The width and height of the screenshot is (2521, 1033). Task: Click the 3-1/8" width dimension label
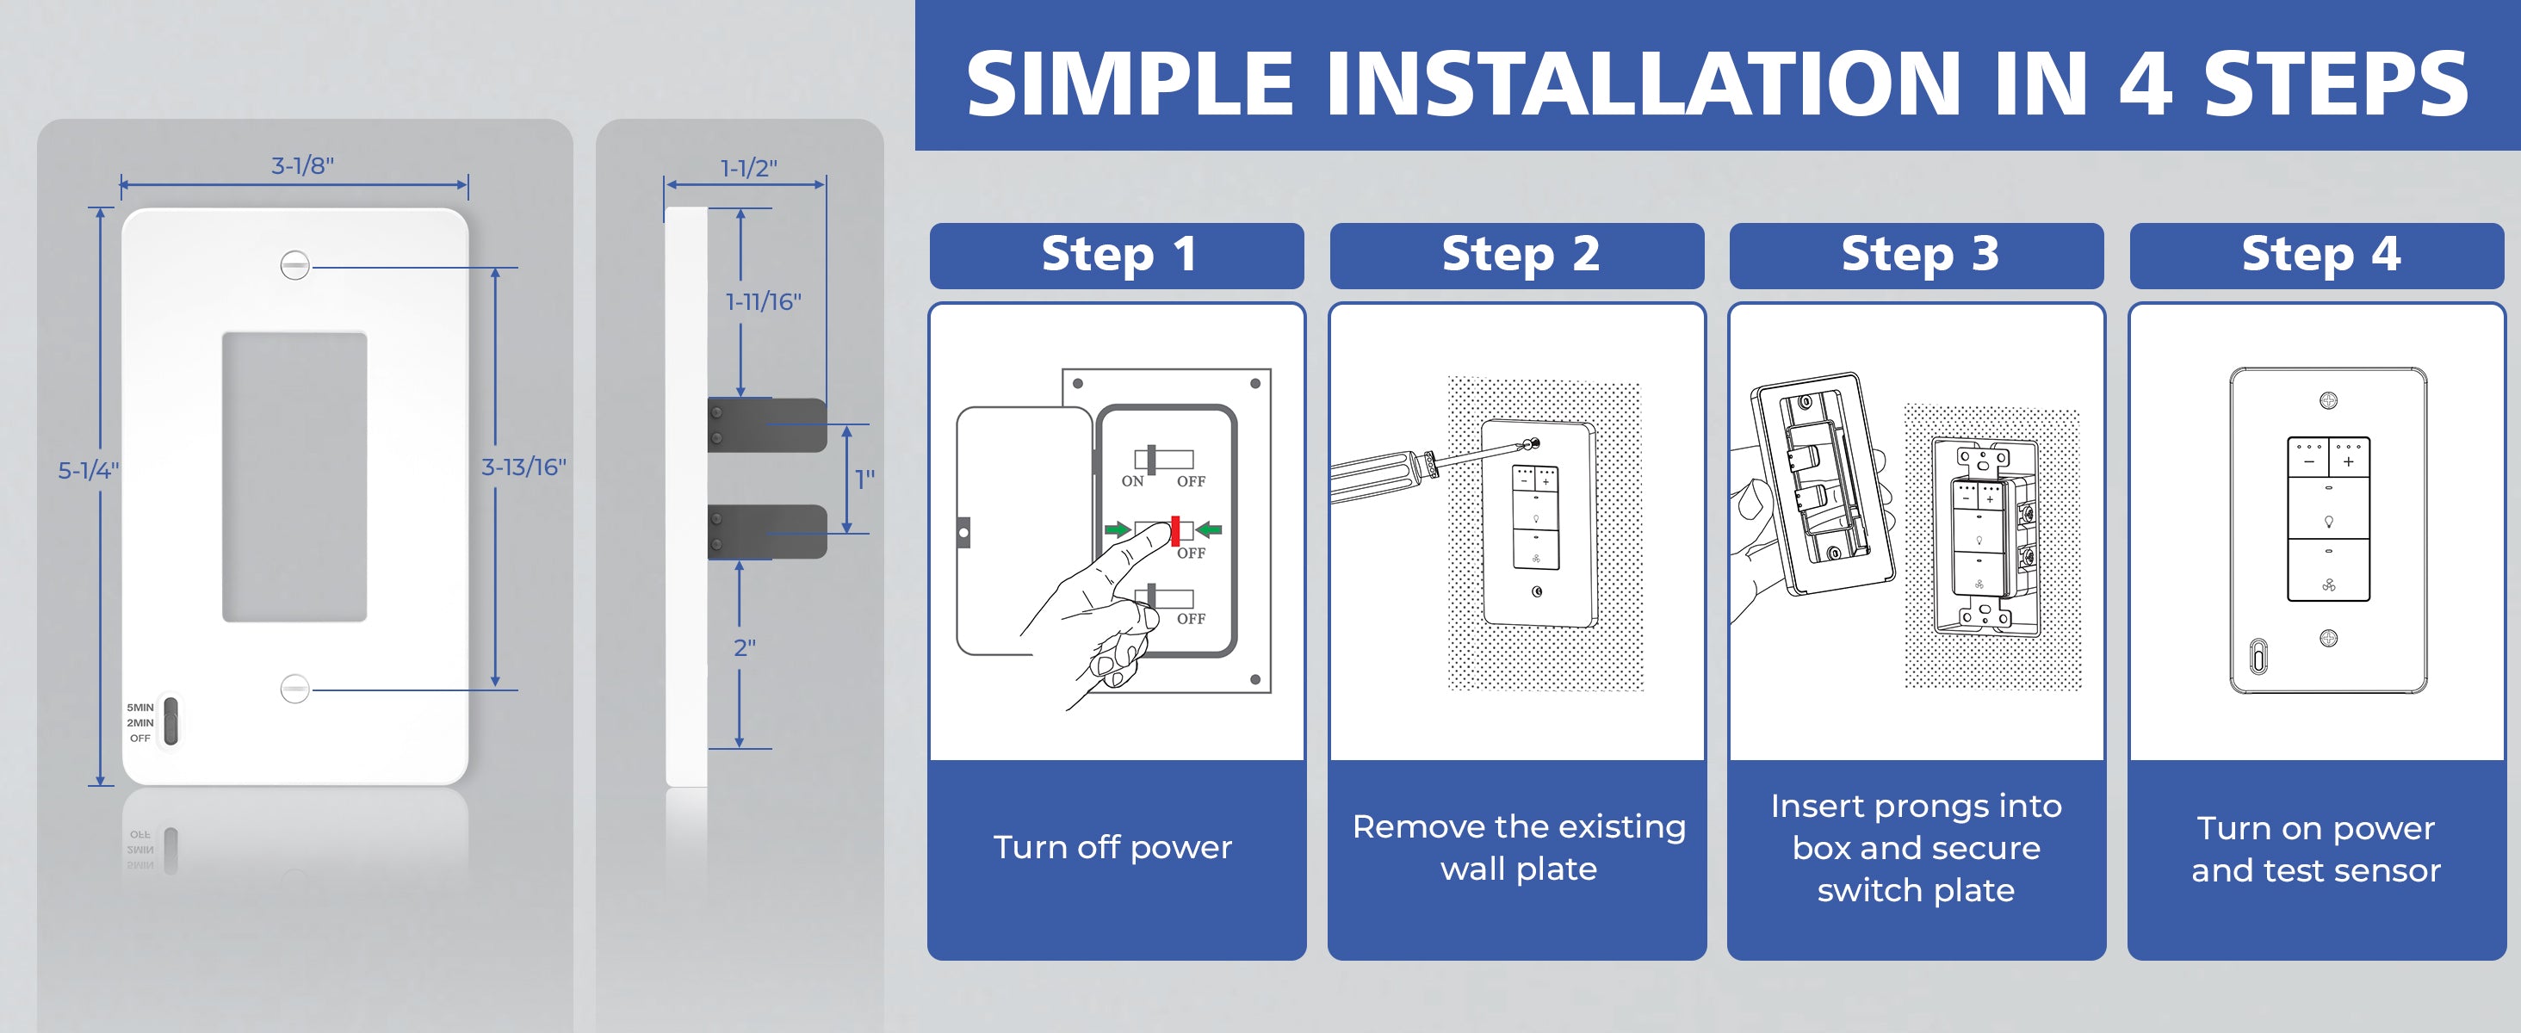coord(302,165)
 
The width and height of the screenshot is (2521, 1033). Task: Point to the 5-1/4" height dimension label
coord(88,471)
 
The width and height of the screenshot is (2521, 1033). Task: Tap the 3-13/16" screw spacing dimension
coord(523,467)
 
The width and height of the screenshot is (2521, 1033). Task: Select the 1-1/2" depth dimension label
coord(749,168)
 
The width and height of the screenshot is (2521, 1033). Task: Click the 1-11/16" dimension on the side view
coord(764,301)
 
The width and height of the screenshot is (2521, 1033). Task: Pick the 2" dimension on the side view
coord(745,647)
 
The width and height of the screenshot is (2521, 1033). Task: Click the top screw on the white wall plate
coord(294,265)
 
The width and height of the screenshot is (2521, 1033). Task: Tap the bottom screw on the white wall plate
coord(294,689)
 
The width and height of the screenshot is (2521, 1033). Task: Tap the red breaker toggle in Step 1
coord(1175,530)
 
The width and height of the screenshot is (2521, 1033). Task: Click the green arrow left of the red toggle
coord(1118,530)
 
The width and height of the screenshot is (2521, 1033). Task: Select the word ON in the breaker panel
coord(1132,481)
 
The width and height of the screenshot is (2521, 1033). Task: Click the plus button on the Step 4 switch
coord(2348,461)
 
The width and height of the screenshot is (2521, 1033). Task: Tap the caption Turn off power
coord(1112,847)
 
